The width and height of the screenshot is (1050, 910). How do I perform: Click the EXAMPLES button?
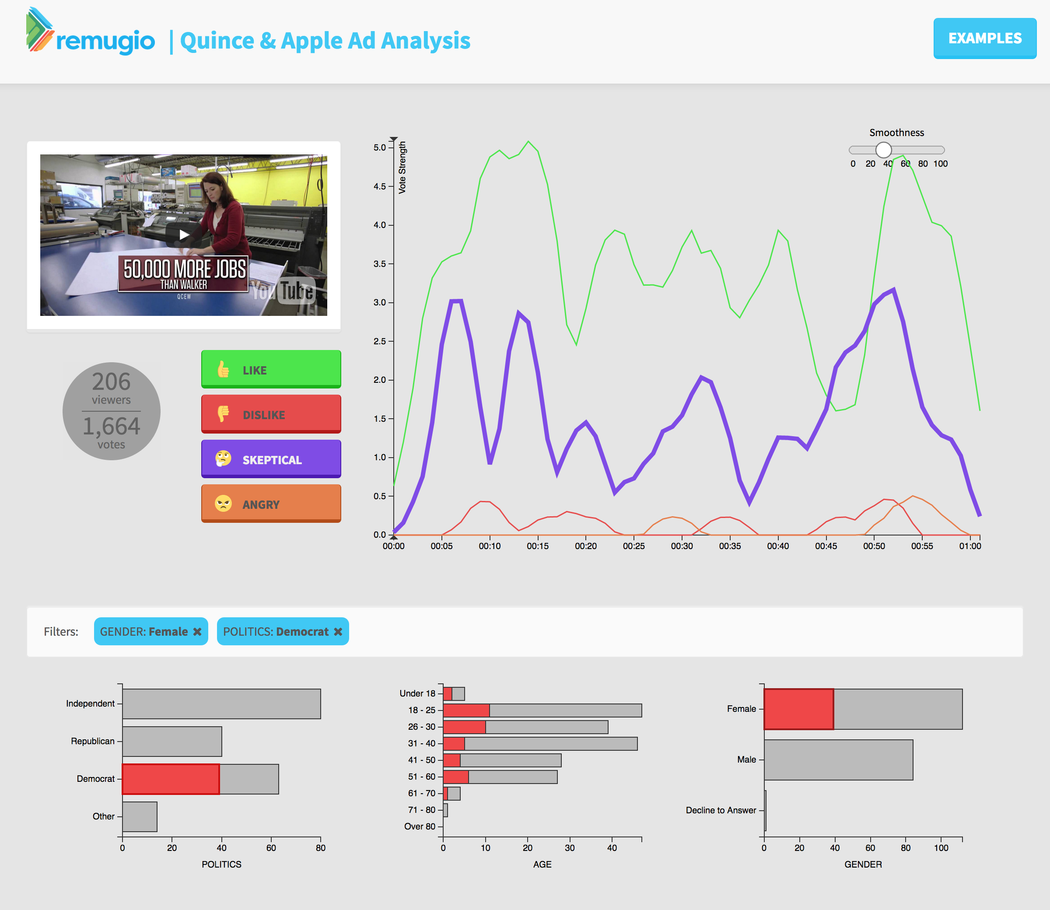[984, 38]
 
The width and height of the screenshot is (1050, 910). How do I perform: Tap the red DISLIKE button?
[271, 414]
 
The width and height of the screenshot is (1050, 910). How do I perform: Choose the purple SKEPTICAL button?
[271, 458]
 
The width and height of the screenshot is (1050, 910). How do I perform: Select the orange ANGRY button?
[271, 503]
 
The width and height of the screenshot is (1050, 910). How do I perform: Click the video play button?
[184, 234]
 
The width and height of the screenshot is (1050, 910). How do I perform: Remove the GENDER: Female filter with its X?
[197, 631]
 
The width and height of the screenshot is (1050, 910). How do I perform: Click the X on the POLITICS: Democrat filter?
[338, 631]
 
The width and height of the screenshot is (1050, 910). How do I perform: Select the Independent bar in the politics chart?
[221, 703]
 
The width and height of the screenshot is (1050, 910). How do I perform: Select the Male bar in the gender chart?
[838, 759]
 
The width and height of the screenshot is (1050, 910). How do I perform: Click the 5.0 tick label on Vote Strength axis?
[380, 148]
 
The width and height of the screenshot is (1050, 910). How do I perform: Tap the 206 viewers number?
[111, 382]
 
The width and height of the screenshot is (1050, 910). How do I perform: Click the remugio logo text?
[105, 41]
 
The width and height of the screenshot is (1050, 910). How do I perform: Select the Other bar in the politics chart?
[140, 816]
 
